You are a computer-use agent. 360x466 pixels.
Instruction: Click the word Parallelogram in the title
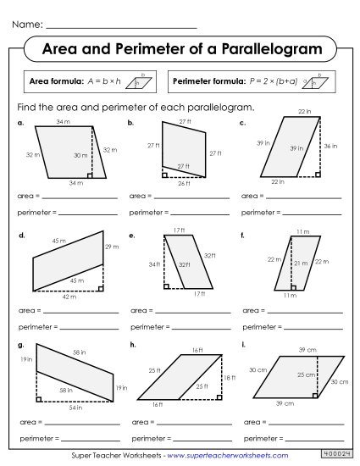pyautogui.click(x=269, y=50)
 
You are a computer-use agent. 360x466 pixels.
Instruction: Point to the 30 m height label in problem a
pyautogui.click(x=80, y=156)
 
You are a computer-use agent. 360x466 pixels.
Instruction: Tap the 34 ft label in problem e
pyautogui.click(x=154, y=264)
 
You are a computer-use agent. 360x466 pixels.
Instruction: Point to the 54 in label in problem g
pyautogui.click(x=75, y=408)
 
